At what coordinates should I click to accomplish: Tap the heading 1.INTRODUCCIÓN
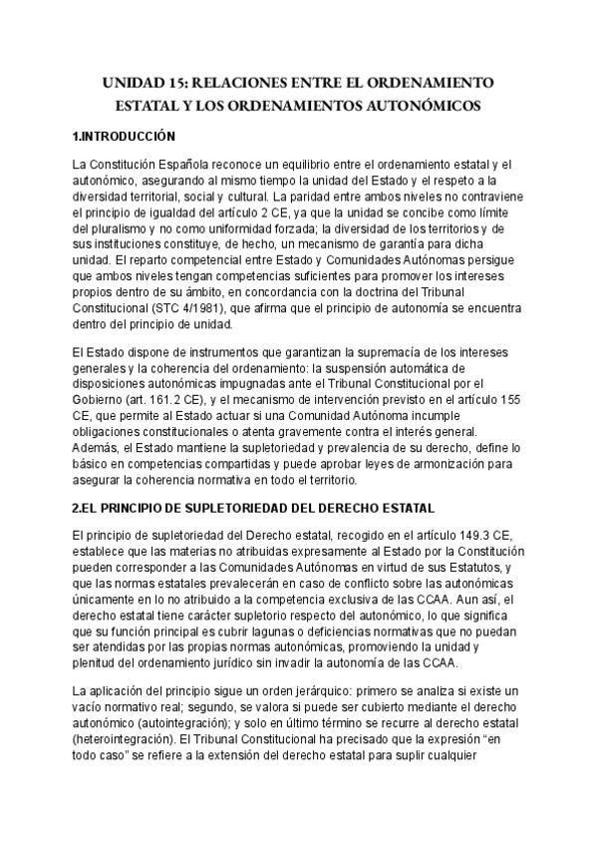click(x=125, y=136)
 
